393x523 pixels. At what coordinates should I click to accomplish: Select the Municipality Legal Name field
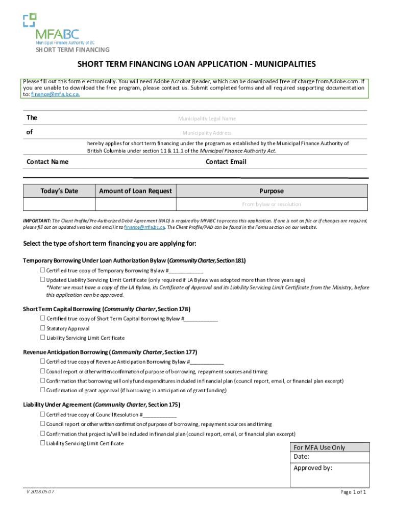(x=207, y=118)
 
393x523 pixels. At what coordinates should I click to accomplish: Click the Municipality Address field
(x=207, y=133)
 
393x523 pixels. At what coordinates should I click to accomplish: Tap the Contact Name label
(x=47, y=162)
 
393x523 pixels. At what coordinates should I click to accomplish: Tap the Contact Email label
(x=226, y=162)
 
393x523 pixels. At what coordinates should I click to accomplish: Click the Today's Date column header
(x=59, y=191)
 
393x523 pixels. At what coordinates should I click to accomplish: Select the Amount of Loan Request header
(x=135, y=191)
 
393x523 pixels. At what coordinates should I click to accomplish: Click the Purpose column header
(x=271, y=191)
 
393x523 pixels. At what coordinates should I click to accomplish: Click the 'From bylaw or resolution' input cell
(x=271, y=204)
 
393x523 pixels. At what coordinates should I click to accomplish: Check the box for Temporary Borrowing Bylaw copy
(x=43, y=271)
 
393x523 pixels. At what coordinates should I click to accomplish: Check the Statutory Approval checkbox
(x=43, y=328)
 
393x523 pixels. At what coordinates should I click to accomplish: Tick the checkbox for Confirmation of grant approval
(x=43, y=391)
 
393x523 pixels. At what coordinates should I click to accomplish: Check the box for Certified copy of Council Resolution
(x=43, y=415)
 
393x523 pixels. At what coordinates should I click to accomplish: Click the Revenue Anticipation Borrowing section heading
(x=110, y=352)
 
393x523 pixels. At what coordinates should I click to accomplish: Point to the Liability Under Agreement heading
(x=101, y=405)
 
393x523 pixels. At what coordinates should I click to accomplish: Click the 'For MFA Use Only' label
(x=319, y=447)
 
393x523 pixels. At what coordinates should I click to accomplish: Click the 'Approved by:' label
(x=312, y=468)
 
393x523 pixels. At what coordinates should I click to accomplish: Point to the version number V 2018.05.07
(x=41, y=492)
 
